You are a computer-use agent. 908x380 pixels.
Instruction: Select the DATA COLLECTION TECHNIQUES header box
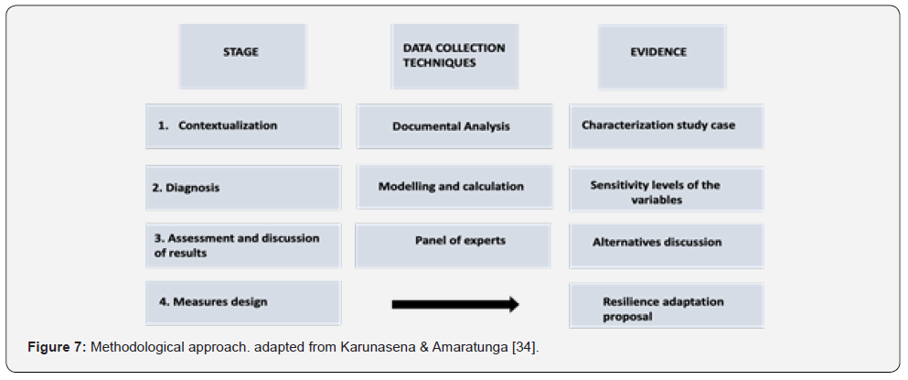coord(454,56)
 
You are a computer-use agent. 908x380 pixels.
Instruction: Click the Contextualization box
coord(242,126)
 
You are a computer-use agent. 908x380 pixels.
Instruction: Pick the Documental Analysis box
coord(454,126)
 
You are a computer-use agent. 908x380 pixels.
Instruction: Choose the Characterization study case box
coord(666,125)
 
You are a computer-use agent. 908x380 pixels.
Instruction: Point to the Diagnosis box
coord(242,188)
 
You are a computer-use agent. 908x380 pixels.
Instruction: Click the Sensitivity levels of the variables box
coord(666,190)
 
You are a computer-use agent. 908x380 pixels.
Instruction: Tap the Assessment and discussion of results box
coord(242,244)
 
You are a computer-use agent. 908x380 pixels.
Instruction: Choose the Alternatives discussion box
coord(666,243)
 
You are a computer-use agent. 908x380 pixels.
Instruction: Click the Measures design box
coord(242,302)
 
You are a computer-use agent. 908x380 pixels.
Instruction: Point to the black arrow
coord(454,304)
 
